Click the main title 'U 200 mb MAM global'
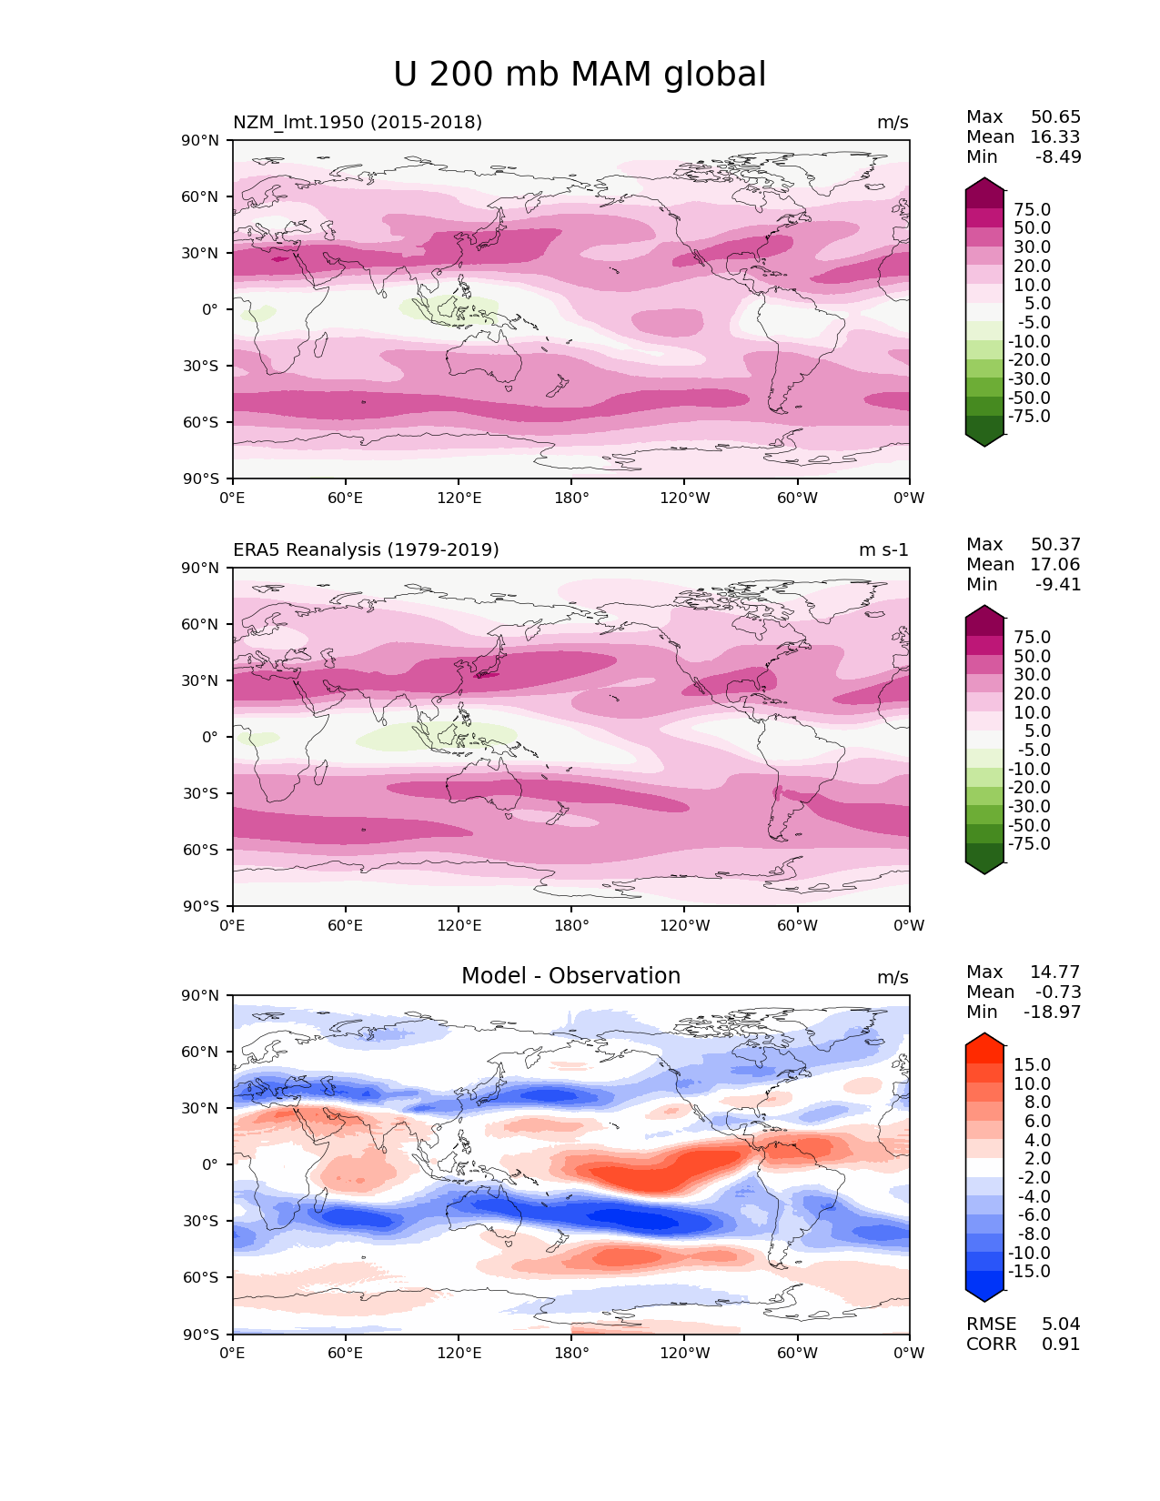(580, 75)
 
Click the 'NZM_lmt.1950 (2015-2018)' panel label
(358, 122)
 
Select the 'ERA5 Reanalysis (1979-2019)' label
(366, 549)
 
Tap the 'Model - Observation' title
(570, 976)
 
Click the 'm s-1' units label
(883, 549)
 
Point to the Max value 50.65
(1055, 116)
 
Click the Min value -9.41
(1058, 584)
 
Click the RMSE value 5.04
(1061, 1324)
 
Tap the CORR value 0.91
(1061, 1344)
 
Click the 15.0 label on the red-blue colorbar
(1032, 1064)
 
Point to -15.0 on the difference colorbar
(1029, 1271)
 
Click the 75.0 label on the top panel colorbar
(1032, 209)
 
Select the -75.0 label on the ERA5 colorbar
(1029, 843)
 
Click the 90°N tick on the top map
(201, 140)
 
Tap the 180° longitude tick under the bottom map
(571, 1353)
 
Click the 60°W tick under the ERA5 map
(797, 925)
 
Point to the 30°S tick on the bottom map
(201, 1221)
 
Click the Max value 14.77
(1055, 972)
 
